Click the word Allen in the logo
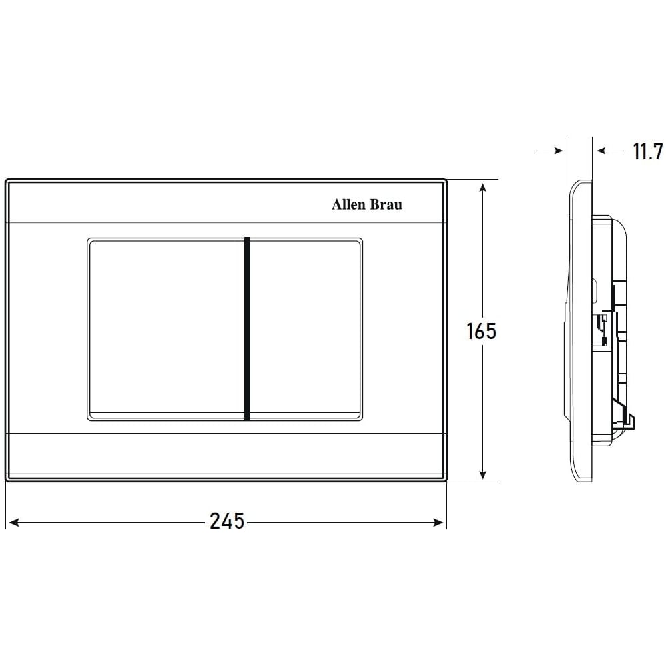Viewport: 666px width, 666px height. pyautogui.click(x=348, y=204)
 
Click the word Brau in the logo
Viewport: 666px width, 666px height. pyautogui.click(x=385, y=204)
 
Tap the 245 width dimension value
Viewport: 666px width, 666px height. pyautogui.click(x=227, y=521)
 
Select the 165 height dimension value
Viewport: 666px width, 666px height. pyautogui.click(x=481, y=331)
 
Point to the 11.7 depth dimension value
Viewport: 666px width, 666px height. pyautogui.click(x=648, y=151)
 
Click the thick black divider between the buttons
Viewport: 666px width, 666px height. pyautogui.click(x=247, y=329)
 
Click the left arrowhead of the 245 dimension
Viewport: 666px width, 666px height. pyautogui.click(x=13, y=522)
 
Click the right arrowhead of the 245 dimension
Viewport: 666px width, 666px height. pyautogui.click(x=438, y=522)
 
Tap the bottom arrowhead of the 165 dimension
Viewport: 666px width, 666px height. pyautogui.click(x=482, y=474)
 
